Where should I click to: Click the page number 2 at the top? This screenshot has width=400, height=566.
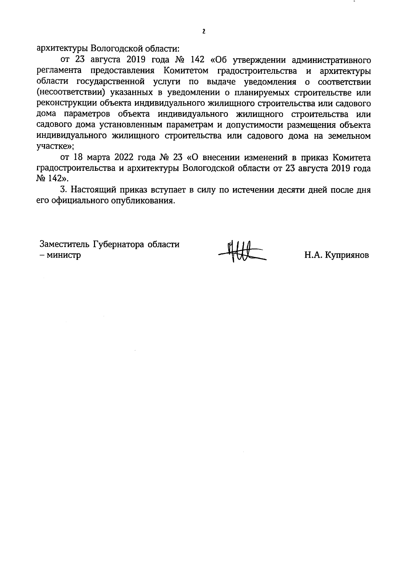204,32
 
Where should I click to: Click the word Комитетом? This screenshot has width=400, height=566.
186,71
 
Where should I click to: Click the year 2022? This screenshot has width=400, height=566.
125,157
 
